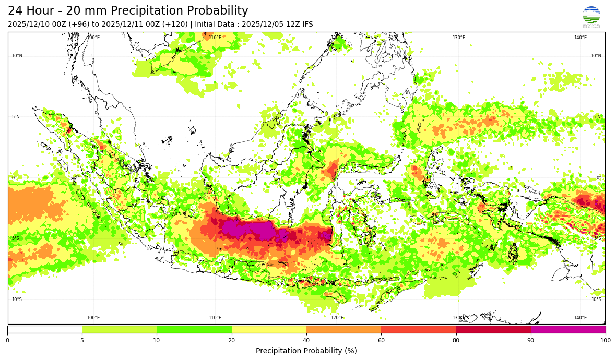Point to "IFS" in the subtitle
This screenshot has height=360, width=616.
pos(307,24)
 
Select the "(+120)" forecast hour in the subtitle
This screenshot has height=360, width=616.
pos(174,24)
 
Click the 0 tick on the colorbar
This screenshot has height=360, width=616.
pos(7,341)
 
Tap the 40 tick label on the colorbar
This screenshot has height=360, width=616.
pos(306,341)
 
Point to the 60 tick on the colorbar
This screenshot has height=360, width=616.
pos(381,341)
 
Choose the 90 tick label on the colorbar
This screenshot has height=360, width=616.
pos(531,341)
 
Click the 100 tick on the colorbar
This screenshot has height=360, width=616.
pos(606,341)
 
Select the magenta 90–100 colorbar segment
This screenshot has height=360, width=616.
pos(568,329)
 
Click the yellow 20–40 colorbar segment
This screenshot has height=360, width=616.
pos(269,329)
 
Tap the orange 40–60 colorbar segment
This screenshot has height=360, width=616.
pos(343,329)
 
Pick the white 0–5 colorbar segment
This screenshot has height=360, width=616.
pos(44,329)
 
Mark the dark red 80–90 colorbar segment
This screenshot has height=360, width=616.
pos(493,329)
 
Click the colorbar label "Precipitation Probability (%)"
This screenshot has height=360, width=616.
pos(306,351)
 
